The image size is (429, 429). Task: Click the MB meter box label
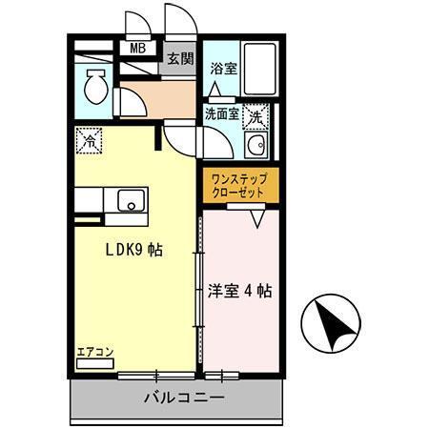[x=136, y=48]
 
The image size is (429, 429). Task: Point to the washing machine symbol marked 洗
[x=255, y=117]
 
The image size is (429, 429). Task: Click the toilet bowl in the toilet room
[x=96, y=89]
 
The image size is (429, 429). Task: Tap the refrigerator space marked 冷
[x=89, y=140]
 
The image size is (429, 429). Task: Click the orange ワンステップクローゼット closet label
[x=239, y=184]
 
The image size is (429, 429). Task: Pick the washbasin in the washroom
[x=255, y=148]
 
